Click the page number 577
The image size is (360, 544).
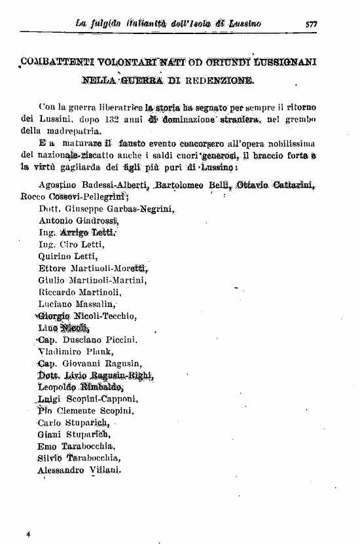(311, 24)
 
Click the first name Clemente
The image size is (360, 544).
(77, 411)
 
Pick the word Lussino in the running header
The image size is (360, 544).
(245, 24)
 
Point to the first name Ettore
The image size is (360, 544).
(53, 268)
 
